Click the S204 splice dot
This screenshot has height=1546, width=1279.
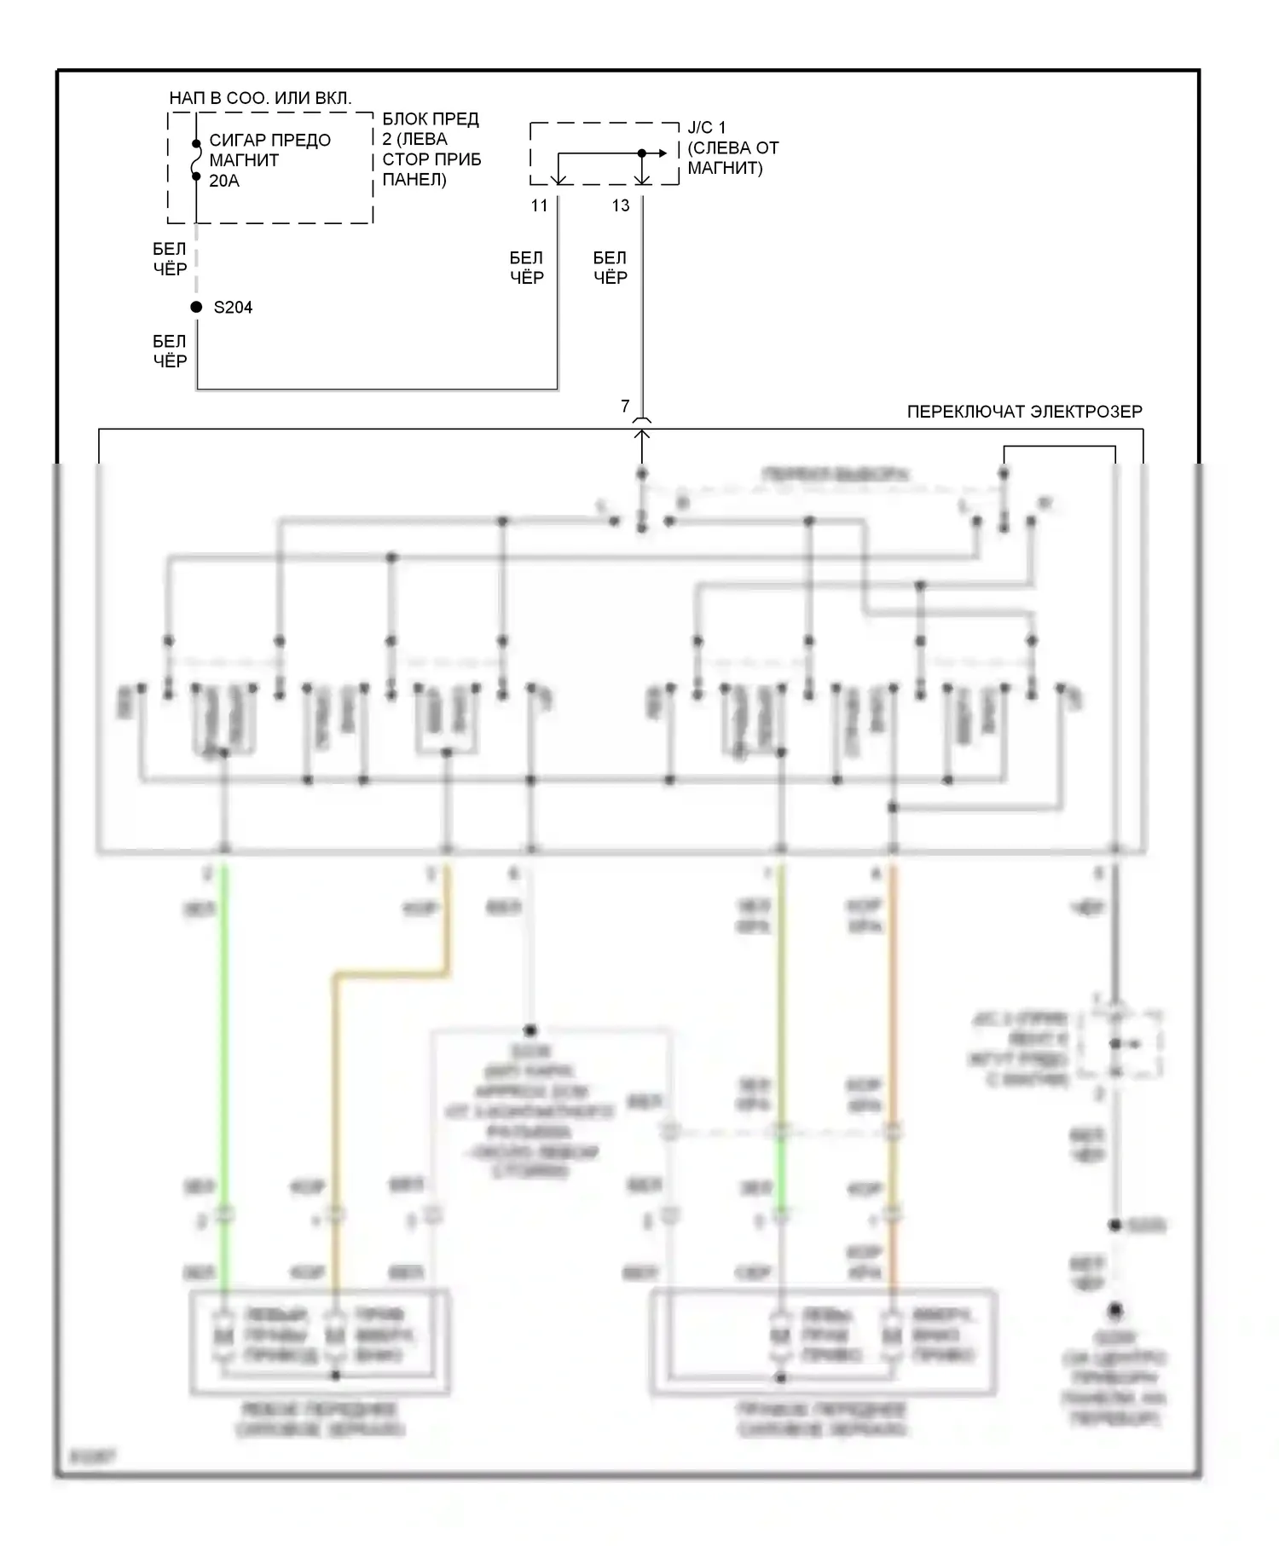[x=196, y=307]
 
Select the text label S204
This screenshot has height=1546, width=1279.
[x=233, y=308]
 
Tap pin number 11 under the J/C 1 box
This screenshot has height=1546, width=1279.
[x=539, y=205]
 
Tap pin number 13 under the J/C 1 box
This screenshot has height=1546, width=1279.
[x=621, y=205]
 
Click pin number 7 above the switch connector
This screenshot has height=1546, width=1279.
[x=625, y=407]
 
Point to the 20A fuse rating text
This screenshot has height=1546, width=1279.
[x=224, y=181]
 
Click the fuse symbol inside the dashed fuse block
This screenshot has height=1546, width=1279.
[x=196, y=160]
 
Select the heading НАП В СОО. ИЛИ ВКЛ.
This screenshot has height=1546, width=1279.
[x=260, y=98]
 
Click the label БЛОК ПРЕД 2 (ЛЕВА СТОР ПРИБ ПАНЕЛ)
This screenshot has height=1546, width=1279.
[x=431, y=149]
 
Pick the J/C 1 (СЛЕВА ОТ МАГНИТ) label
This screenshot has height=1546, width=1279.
[x=732, y=147]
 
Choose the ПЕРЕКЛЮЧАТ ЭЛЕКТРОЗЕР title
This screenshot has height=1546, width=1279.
[x=1024, y=412]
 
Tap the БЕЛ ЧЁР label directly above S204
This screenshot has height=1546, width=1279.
[x=169, y=259]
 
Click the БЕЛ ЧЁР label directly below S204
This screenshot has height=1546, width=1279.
[x=169, y=351]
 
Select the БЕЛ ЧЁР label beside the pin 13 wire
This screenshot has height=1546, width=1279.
[x=610, y=268]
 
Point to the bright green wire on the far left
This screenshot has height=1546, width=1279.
[x=224, y=1023]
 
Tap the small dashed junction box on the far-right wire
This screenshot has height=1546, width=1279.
[x=1119, y=1044]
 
